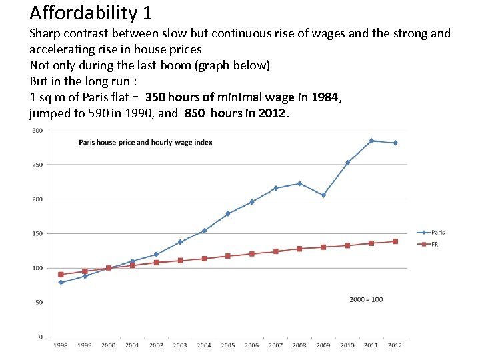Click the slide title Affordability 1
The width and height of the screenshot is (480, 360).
(x=91, y=12)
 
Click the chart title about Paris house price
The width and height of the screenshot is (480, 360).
(x=145, y=142)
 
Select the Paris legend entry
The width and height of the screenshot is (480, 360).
(x=437, y=232)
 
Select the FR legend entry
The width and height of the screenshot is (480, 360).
(x=434, y=244)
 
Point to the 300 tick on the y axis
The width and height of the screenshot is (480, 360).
(x=37, y=130)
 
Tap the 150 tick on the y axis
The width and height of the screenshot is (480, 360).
(x=37, y=233)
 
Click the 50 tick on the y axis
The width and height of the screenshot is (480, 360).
(x=39, y=302)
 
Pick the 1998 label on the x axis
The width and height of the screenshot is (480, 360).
(x=61, y=345)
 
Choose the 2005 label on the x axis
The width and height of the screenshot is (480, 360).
(x=228, y=345)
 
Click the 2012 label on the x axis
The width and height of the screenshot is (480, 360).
(x=395, y=345)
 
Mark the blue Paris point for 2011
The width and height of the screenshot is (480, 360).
(x=371, y=141)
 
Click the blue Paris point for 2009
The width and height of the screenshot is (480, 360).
(x=323, y=195)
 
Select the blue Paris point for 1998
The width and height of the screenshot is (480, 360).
(x=61, y=282)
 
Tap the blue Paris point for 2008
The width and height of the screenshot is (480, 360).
(x=299, y=183)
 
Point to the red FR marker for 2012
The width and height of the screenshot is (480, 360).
(x=395, y=241)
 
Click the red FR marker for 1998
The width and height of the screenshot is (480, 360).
(x=61, y=274)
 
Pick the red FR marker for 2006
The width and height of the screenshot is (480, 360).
(x=252, y=253)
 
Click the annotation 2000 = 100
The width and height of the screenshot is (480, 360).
(x=366, y=299)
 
